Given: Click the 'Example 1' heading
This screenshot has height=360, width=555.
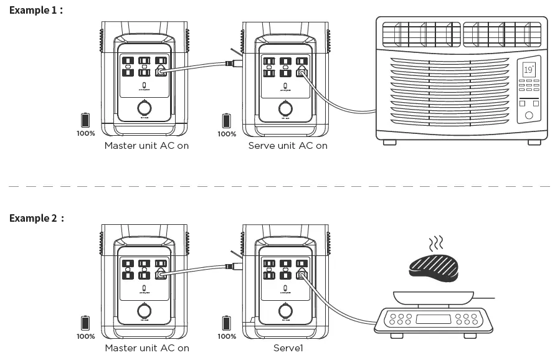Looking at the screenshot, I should pyautogui.click(x=36, y=11).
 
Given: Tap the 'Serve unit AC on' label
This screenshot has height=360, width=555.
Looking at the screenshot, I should pyautogui.click(x=287, y=146).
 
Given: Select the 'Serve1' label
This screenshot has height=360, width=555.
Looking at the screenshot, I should pyautogui.click(x=287, y=348).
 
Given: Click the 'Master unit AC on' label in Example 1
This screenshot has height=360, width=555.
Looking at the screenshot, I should pyautogui.click(x=146, y=146).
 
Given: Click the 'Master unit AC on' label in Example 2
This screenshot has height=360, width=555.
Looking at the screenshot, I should pyautogui.click(x=146, y=348).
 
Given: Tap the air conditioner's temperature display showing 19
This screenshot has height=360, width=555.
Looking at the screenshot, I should pyautogui.click(x=528, y=69).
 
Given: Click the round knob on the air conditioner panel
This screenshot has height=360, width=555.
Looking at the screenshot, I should pyautogui.click(x=529, y=115).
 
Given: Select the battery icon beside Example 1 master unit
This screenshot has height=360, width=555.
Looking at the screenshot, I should pyautogui.click(x=85, y=120).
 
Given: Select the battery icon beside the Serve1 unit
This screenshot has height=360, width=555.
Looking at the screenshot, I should pyautogui.click(x=226, y=323).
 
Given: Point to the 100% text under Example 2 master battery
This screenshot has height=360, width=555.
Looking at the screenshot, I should pyautogui.click(x=86, y=336).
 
